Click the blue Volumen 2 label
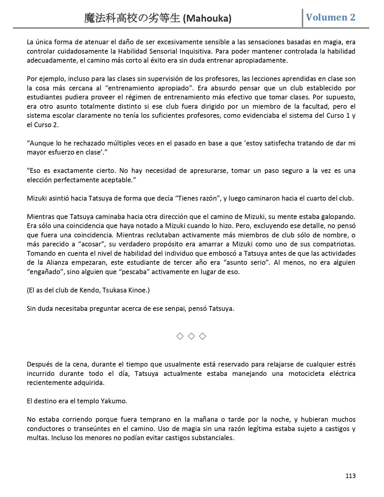pyautogui.click(x=331, y=17)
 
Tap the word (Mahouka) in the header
pyautogui.click(x=207, y=19)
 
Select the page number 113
pyautogui.click(x=351, y=476)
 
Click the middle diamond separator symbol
pyautogui.click(x=191, y=336)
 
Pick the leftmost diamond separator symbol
pyautogui.click(x=180, y=336)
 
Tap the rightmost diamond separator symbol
pyautogui.click(x=203, y=336)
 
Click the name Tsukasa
pyautogui.click(x=114, y=290)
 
